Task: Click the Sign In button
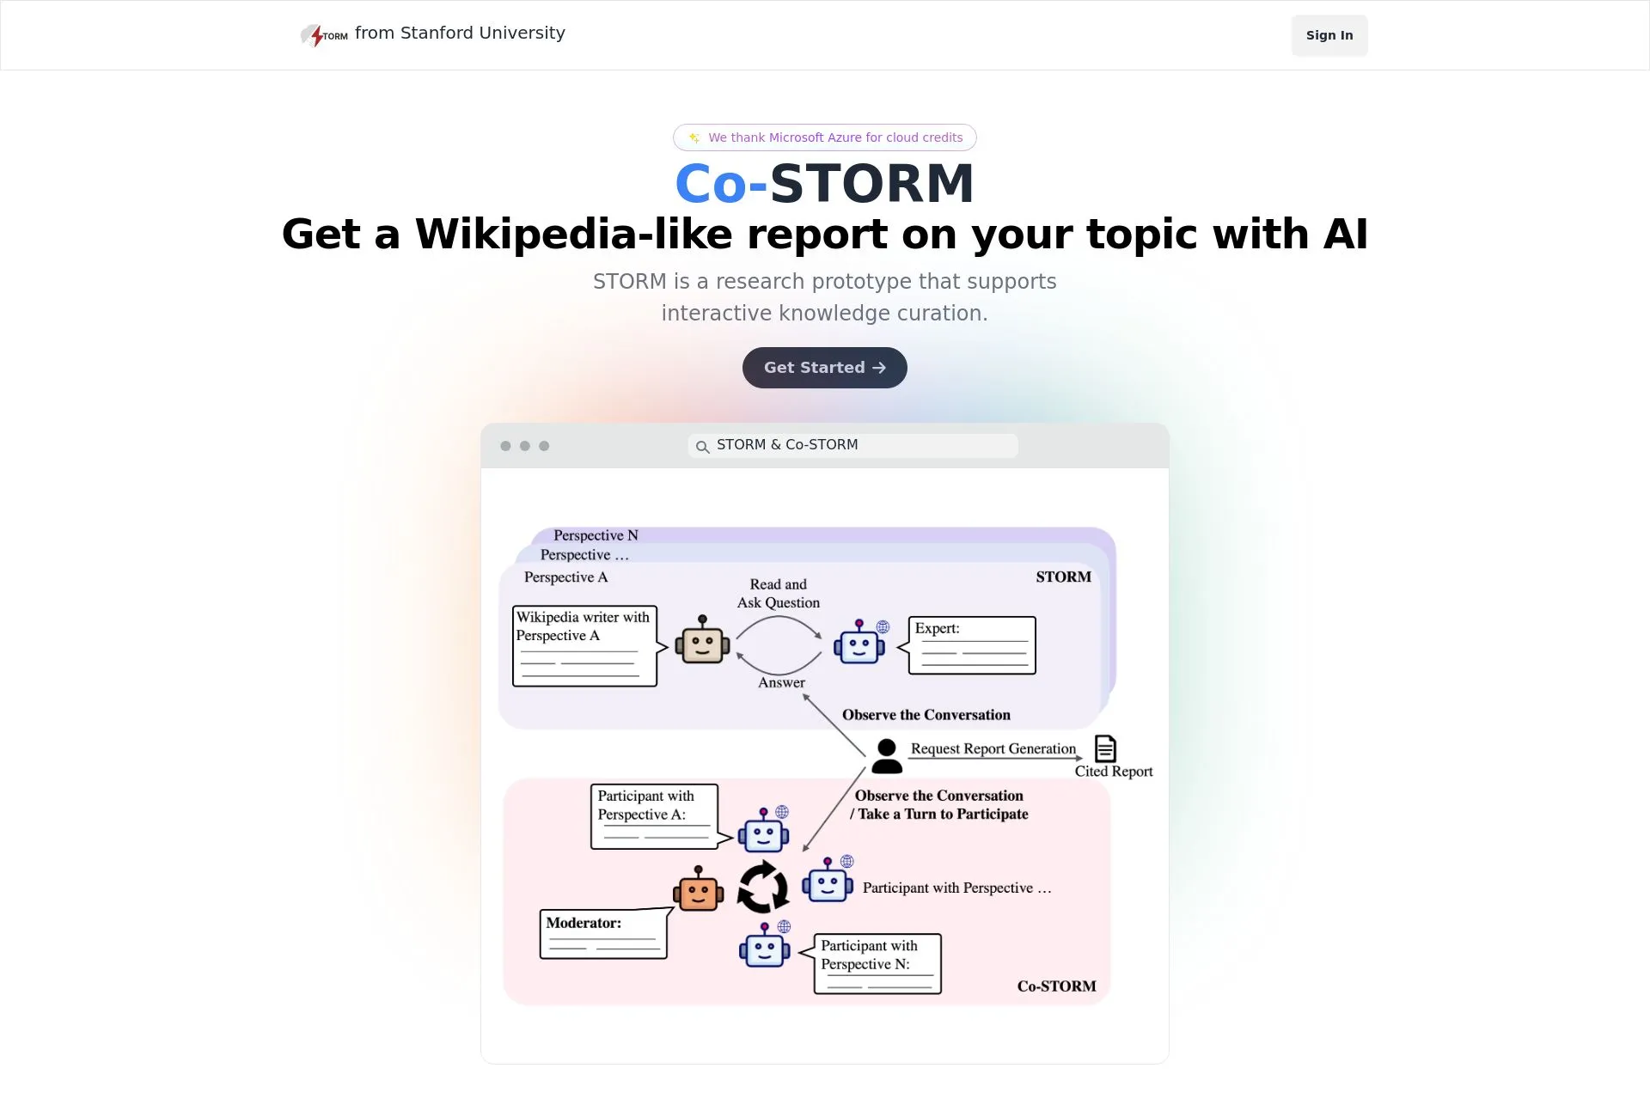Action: click(x=1329, y=35)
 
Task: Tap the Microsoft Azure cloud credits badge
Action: click(x=825, y=137)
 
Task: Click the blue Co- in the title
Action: click(x=720, y=184)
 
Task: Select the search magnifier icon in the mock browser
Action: click(x=702, y=446)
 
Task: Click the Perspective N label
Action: click(x=596, y=535)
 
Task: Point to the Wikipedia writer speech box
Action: click(x=584, y=646)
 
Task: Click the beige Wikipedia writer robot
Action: click(x=702, y=641)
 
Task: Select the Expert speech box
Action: click(x=972, y=645)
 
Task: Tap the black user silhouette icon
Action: click(x=887, y=756)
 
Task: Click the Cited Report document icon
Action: click(x=1105, y=748)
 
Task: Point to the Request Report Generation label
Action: click(x=993, y=748)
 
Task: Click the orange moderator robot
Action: click(x=698, y=890)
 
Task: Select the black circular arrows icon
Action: click(x=763, y=888)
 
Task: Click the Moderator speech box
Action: click(x=603, y=934)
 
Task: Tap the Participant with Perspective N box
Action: click(x=877, y=963)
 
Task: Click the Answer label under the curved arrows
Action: click(x=781, y=682)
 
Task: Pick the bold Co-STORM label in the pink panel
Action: click(x=1056, y=986)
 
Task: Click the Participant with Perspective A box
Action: click(x=654, y=815)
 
